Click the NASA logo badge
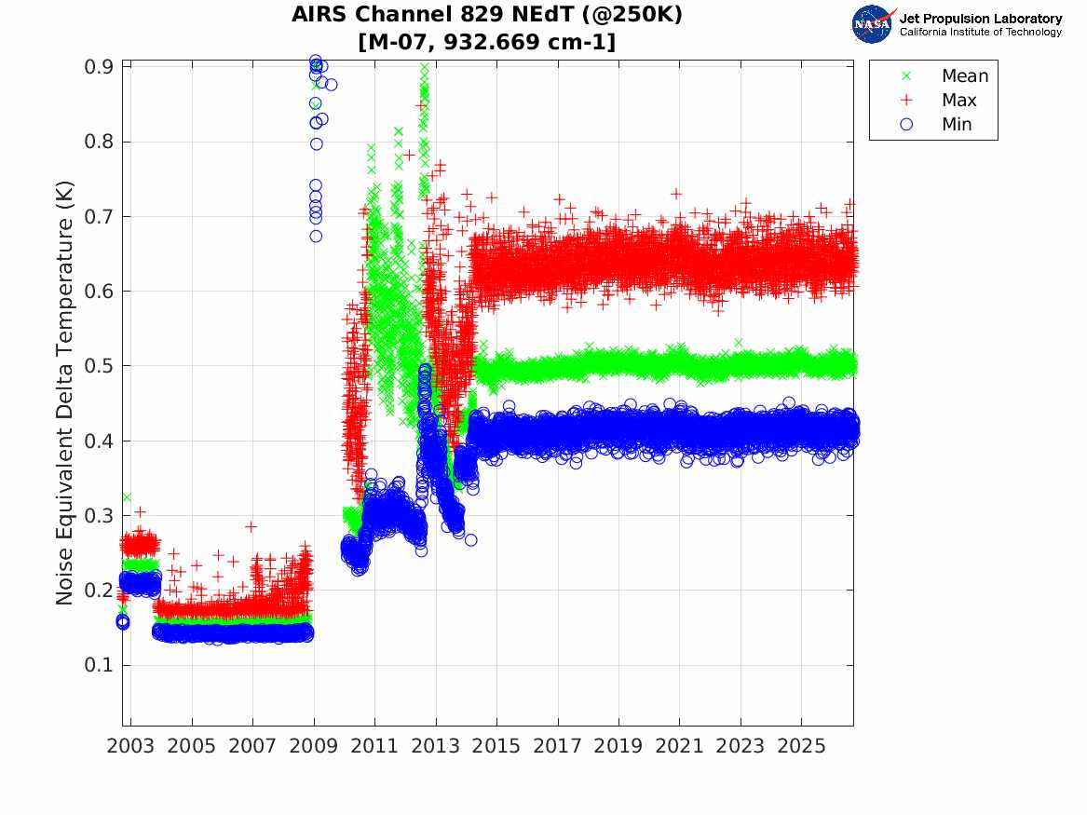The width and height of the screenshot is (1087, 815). [x=873, y=24]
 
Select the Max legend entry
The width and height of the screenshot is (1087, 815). [x=939, y=100]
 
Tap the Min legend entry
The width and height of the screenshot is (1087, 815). [x=936, y=124]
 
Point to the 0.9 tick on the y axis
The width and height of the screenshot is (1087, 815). [x=99, y=67]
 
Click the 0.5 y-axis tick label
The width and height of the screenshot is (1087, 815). [x=99, y=366]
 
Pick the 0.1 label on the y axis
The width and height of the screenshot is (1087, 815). [x=99, y=665]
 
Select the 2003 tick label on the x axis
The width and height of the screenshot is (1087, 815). [x=130, y=746]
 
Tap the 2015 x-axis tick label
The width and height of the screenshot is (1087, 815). [x=496, y=746]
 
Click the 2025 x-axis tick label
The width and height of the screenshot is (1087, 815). [x=801, y=746]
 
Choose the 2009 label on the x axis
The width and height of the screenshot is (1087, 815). [x=313, y=746]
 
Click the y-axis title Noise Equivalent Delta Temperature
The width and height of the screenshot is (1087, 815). [x=64, y=392]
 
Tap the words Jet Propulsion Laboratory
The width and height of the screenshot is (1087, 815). [x=980, y=19]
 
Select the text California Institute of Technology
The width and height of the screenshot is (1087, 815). [x=980, y=32]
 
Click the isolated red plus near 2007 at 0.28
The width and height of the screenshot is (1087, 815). [x=251, y=526]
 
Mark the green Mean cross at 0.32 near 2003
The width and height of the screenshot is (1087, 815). [x=127, y=496]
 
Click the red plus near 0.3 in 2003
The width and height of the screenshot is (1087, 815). [x=140, y=512]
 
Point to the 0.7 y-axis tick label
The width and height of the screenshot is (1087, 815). [x=99, y=217]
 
